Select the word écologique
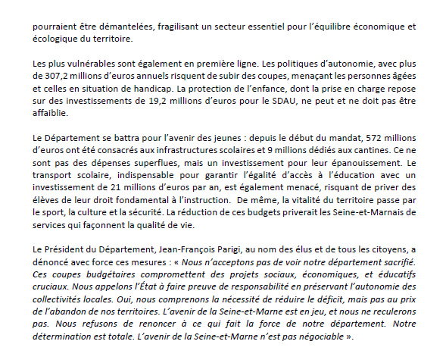(x=56, y=39)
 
